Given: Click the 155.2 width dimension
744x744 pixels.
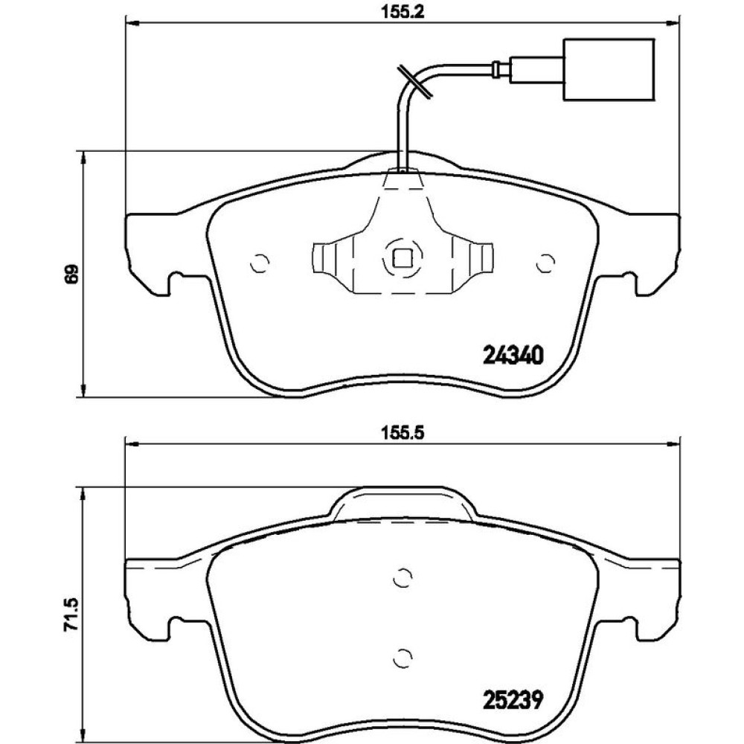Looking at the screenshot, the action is [403, 12].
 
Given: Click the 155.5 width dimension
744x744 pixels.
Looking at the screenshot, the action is [403, 433].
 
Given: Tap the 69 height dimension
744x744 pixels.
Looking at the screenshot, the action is [71, 274].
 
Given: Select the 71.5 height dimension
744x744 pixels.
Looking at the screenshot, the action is [71, 615].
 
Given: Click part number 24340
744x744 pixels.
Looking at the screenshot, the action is [512, 356].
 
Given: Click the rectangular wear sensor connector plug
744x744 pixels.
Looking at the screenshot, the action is [609, 70].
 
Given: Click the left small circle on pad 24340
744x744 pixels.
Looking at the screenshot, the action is [260, 263].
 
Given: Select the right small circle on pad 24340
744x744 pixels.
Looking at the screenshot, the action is [545, 263].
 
